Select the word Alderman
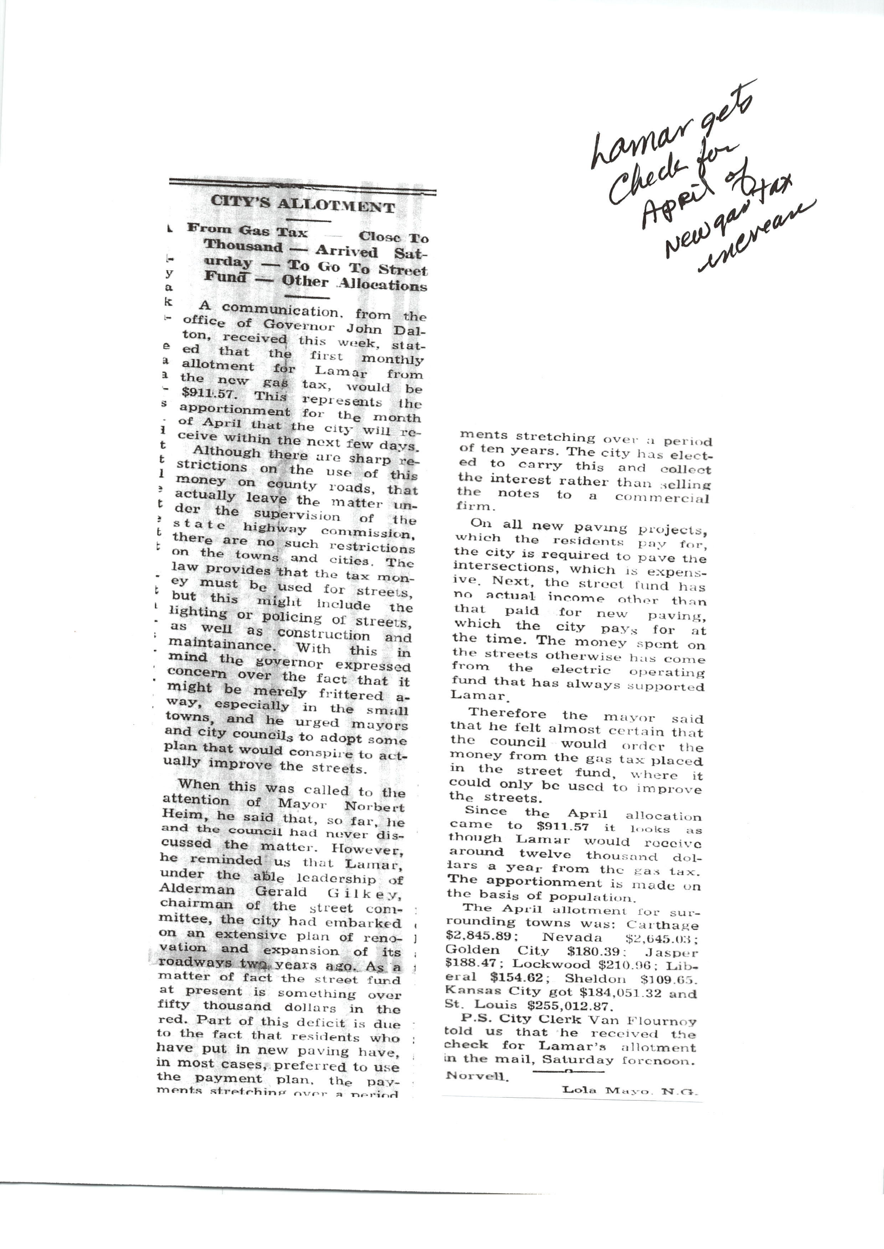(197, 890)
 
